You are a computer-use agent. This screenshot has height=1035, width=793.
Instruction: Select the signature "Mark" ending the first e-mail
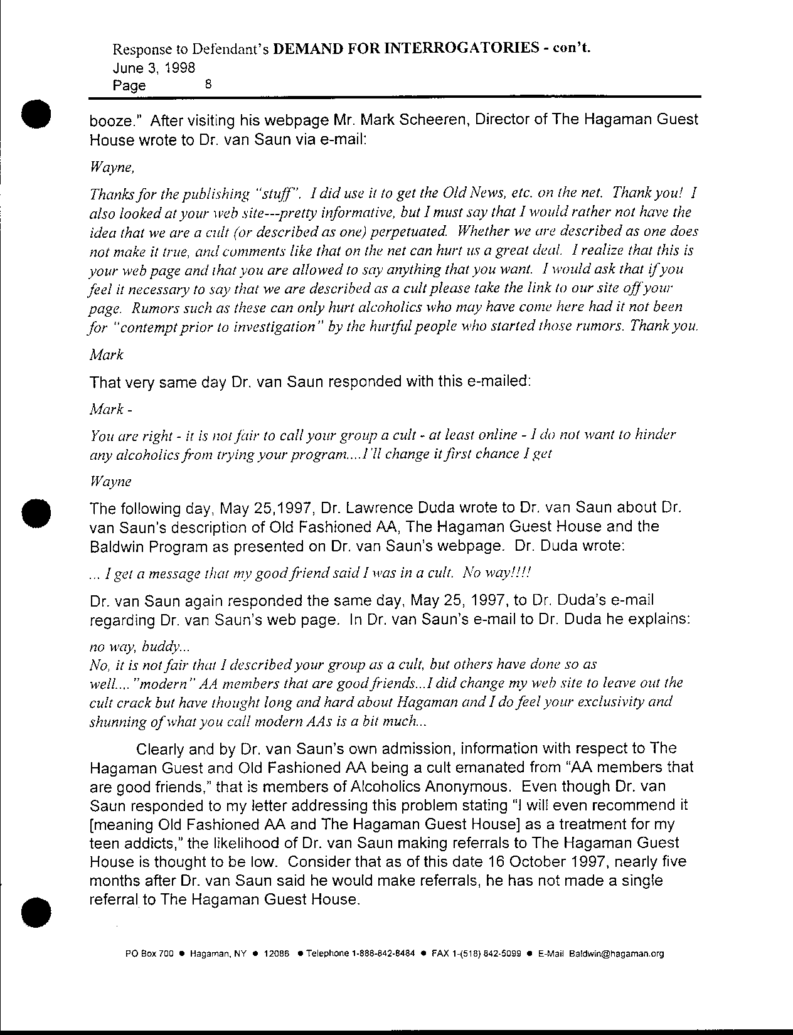pyautogui.click(x=107, y=355)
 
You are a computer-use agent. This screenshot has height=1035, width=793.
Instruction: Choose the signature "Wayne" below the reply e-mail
pyautogui.click(x=110, y=482)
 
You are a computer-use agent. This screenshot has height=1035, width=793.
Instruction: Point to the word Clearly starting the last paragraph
pyautogui.click(x=160, y=748)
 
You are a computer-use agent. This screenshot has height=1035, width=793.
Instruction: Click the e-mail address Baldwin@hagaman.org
pyautogui.click(x=616, y=954)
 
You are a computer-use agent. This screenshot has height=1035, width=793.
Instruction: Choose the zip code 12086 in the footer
pyautogui.click(x=276, y=954)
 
